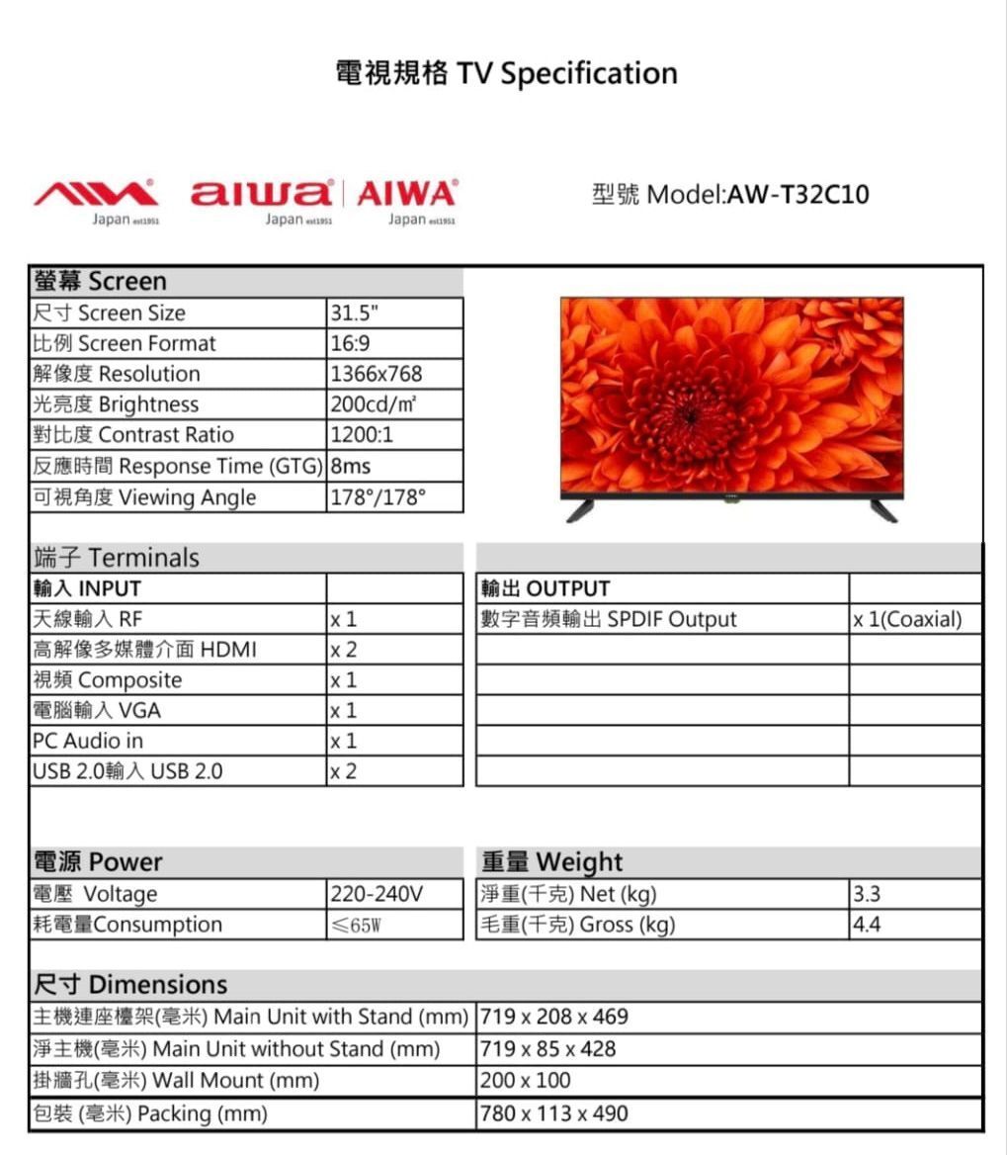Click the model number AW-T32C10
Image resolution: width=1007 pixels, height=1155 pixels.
coord(798,195)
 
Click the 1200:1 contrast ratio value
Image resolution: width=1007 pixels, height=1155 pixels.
coord(362,435)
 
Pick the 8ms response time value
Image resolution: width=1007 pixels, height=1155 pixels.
coord(351,466)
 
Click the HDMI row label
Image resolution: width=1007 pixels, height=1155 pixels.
coord(144,650)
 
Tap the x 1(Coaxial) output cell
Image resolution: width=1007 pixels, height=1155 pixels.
coord(907,620)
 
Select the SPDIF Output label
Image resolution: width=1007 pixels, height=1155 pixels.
coord(609,620)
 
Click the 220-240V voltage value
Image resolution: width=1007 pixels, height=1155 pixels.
coord(377,894)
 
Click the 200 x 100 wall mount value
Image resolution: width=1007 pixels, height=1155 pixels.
coord(526,1081)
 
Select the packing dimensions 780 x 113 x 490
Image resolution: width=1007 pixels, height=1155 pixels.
coord(554,1113)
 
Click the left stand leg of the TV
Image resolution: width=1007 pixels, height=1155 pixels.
coord(579,510)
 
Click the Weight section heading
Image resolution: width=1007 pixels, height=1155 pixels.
coord(552,861)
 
